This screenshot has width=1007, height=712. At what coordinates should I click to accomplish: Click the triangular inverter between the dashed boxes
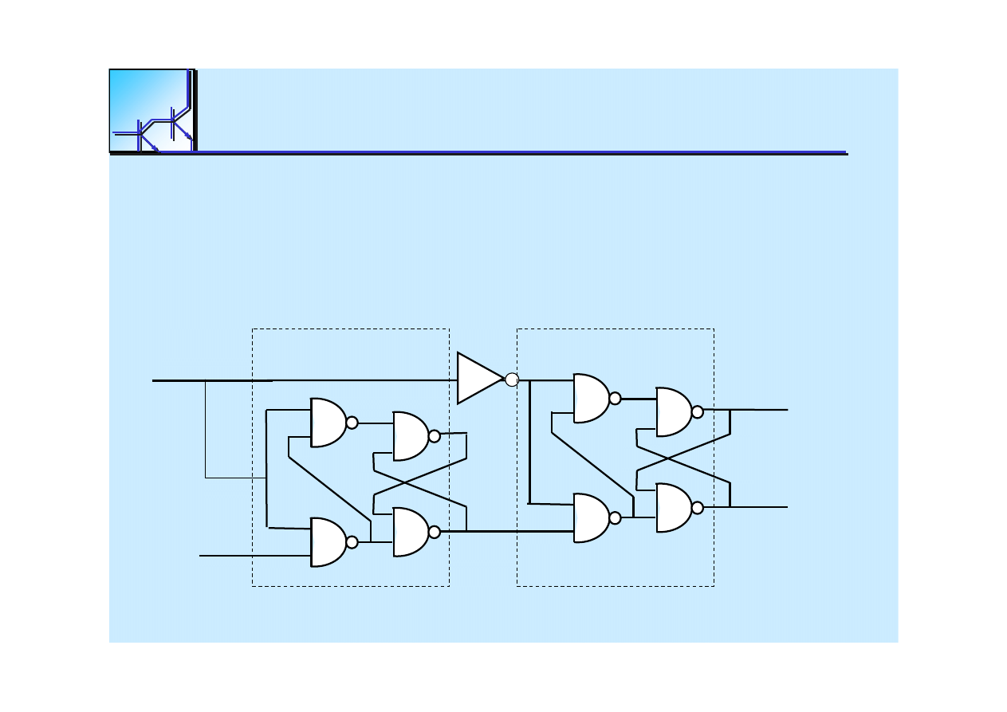478,379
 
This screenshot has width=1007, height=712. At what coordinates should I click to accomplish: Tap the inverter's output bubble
512,380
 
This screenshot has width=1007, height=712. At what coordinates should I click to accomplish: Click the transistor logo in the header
151,110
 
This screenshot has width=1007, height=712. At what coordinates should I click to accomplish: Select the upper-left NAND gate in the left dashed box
328,423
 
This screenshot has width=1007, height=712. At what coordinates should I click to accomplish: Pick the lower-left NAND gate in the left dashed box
328,542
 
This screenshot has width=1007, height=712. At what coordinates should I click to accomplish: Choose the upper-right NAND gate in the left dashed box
411,436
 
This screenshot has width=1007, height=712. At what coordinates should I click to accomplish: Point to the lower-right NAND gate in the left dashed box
411,532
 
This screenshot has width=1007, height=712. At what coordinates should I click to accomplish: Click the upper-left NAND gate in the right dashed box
591,398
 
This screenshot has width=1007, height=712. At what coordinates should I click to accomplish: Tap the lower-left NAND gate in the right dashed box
591,517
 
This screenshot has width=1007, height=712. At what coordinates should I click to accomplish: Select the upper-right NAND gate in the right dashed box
674,412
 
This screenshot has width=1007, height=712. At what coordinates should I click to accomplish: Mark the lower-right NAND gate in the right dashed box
674,507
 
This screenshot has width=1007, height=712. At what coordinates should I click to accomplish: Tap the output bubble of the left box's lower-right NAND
435,532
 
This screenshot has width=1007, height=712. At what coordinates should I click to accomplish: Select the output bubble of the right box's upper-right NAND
698,412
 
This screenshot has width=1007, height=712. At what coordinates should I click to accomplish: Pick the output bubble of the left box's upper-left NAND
352,423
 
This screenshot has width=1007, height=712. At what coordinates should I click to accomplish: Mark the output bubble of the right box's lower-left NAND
615,517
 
